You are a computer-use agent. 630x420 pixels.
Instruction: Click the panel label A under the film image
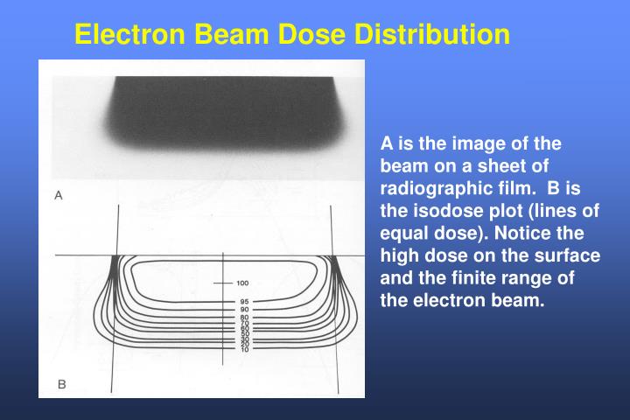(x=59, y=196)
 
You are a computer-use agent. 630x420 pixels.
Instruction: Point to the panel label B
(x=61, y=383)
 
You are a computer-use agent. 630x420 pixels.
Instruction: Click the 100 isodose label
(x=242, y=283)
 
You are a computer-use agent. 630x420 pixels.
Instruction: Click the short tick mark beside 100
(x=222, y=283)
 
